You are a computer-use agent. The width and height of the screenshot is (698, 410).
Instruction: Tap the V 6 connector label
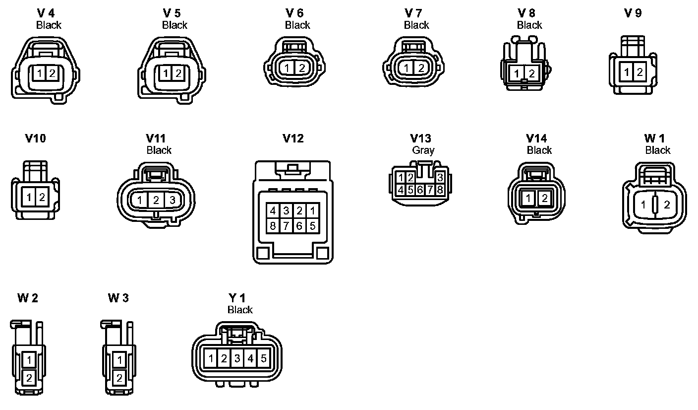tap(294, 13)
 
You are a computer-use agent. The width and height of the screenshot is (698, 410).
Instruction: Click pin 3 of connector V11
tap(172, 201)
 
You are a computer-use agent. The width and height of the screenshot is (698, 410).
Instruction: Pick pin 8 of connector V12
tap(273, 225)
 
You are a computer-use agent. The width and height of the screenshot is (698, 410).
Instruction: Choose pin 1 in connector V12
tap(312, 210)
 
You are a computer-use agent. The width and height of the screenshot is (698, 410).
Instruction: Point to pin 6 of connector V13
tap(420, 189)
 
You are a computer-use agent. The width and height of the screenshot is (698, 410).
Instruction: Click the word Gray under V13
tap(423, 150)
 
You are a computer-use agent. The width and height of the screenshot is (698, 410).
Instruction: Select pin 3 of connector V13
tap(439, 178)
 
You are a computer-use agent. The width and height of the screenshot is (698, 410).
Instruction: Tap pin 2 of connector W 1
tap(667, 205)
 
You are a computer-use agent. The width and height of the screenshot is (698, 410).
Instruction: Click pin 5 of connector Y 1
tap(263, 358)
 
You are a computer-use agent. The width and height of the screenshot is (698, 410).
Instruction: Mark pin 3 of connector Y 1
tap(237, 358)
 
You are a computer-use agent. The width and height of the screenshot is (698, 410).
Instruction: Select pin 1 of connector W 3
tap(119, 359)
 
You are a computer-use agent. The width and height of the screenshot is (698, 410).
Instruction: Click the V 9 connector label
tap(633, 13)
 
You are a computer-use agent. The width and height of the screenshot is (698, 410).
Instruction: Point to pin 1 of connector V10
tap(29, 197)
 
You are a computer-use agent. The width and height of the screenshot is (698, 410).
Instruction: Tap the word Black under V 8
tap(529, 25)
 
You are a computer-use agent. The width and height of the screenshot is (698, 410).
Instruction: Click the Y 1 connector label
tap(237, 298)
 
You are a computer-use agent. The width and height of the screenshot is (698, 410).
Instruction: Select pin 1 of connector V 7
tap(407, 68)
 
